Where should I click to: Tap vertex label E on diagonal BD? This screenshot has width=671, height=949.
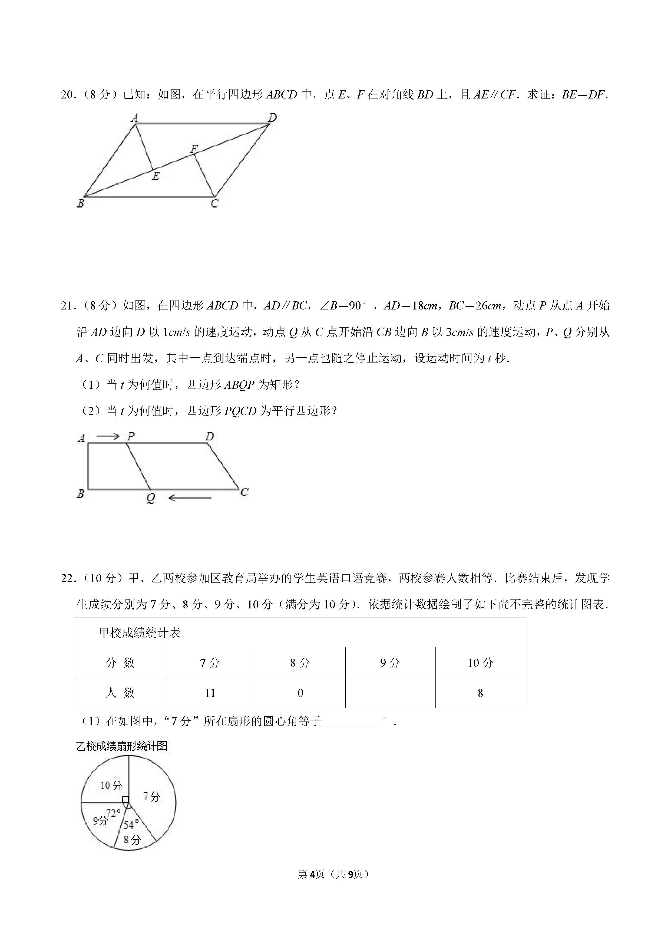[x=156, y=176]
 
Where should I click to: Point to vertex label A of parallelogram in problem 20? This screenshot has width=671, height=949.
[x=134, y=118]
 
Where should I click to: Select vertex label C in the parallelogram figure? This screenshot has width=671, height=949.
[x=214, y=203]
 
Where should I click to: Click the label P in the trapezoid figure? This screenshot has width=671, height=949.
[x=131, y=436]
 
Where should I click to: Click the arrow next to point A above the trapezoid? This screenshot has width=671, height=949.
[x=108, y=436]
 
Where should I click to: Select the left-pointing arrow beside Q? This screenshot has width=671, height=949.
[x=190, y=498]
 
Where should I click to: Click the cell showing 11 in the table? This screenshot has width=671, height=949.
[x=210, y=693]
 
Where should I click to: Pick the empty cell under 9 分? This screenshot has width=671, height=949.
[x=390, y=693]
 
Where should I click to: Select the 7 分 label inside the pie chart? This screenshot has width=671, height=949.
[x=151, y=796]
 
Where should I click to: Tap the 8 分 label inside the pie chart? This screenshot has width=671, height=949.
[x=132, y=839]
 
